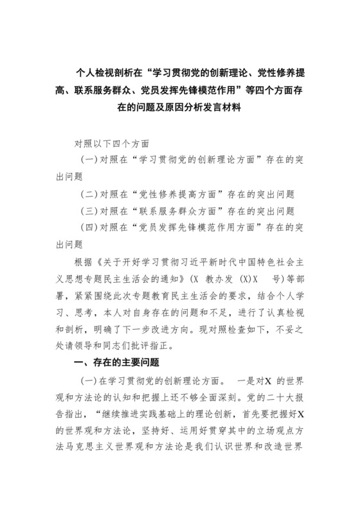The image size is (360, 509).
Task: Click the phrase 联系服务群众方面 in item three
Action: (x=174, y=210)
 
